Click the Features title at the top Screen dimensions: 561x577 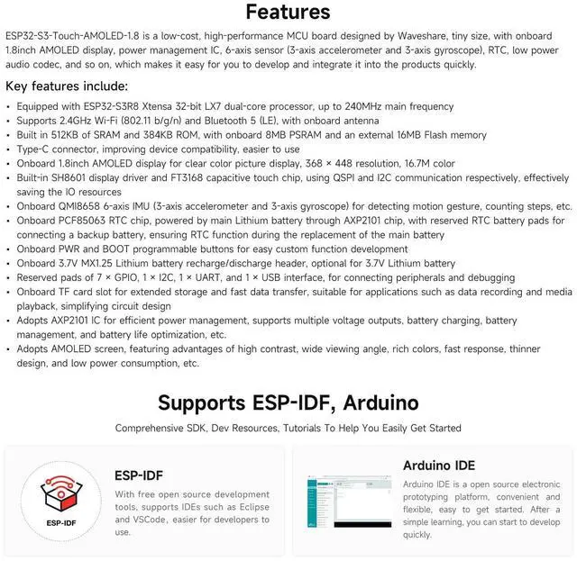[x=288, y=13]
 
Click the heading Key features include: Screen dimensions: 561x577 [x=67, y=86]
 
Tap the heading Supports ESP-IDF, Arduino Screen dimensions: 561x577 [x=288, y=402]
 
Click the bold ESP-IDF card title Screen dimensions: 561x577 [x=138, y=475]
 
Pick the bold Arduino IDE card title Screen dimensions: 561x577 [x=439, y=466]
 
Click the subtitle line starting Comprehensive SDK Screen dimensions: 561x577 [x=288, y=428]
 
